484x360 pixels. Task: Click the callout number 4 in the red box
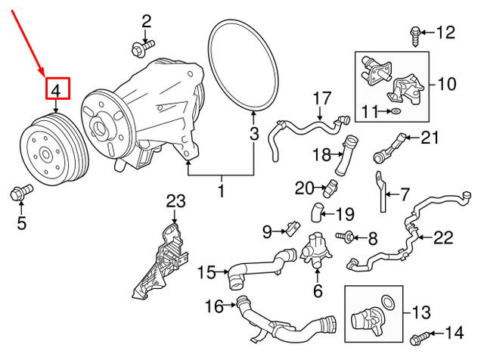tap(57, 89)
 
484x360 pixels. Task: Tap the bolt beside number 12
tap(415, 33)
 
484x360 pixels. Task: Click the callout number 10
tap(446, 84)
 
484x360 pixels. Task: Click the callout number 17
tap(322, 98)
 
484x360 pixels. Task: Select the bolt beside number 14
tap(420, 334)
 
